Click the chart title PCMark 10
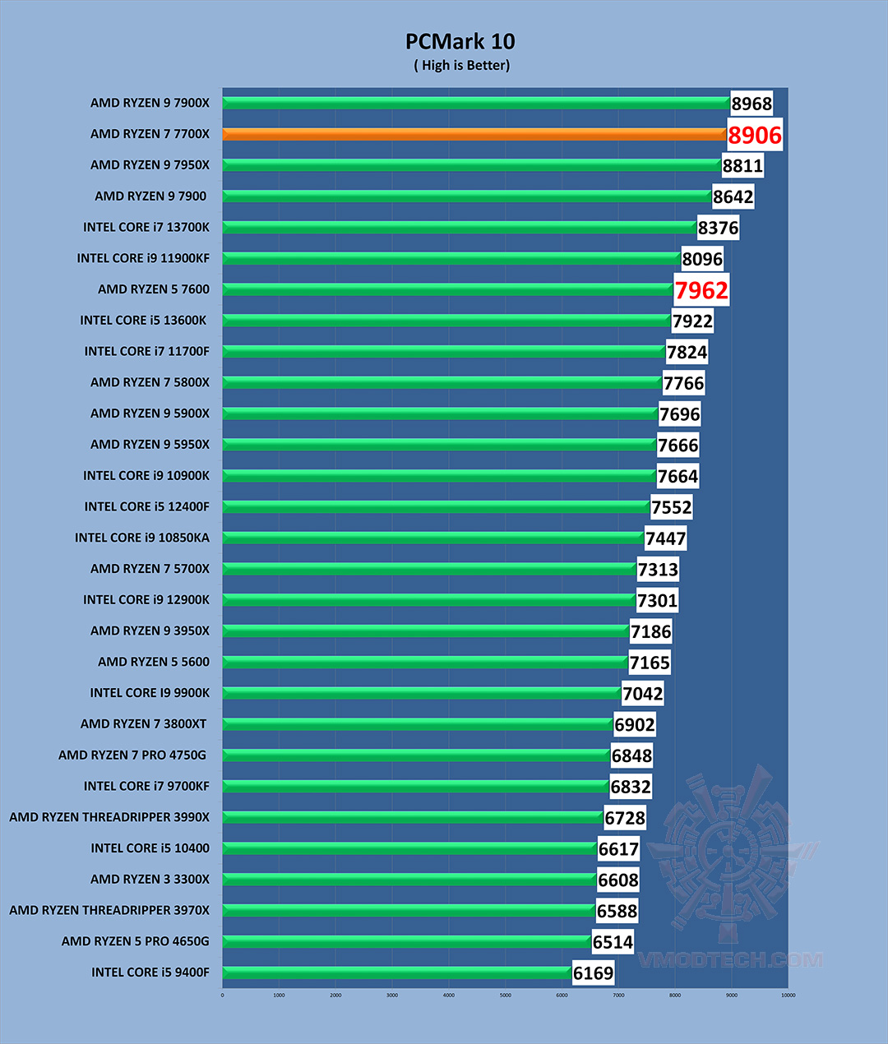460,41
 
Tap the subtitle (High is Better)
461,65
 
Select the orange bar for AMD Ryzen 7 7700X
473,134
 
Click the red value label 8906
755,135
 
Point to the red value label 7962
701,290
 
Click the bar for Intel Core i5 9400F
397,972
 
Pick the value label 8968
752,104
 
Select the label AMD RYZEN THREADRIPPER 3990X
109,817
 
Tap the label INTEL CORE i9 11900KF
143,258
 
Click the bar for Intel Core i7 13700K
459,227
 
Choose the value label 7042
642,694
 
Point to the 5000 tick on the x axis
506,995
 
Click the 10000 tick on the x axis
788,995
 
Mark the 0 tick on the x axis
223,995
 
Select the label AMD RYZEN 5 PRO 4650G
135,941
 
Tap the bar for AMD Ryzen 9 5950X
439,445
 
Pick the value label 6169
593,973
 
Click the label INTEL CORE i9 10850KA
142,538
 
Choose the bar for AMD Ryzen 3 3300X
409,880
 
